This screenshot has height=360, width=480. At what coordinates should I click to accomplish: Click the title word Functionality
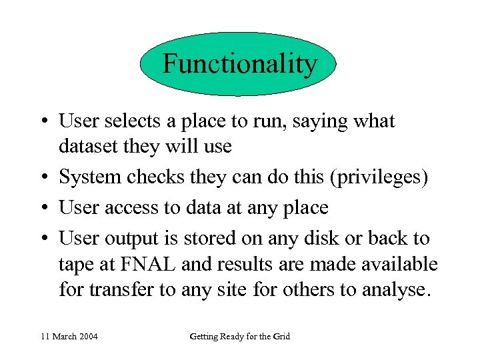tap(239, 64)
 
